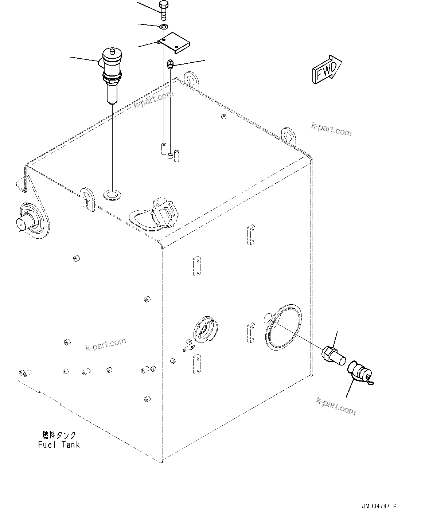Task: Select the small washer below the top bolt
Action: (x=163, y=26)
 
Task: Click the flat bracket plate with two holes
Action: (x=175, y=43)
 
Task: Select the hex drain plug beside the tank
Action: (x=333, y=356)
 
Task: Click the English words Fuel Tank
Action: (x=59, y=445)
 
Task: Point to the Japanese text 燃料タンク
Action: (x=59, y=435)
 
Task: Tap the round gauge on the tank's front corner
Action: (x=206, y=329)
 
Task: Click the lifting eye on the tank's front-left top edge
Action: (x=87, y=199)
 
